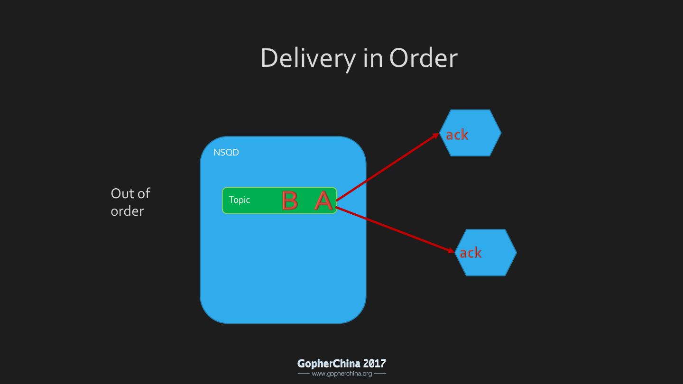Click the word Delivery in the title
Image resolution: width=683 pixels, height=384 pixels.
pyautogui.click(x=308, y=58)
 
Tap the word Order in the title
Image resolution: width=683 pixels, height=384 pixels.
pyautogui.click(x=423, y=58)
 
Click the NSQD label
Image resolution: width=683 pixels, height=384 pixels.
pyautogui.click(x=226, y=153)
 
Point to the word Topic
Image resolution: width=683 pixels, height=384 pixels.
pyautogui.click(x=239, y=200)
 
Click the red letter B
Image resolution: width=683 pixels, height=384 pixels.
pyautogui.click(x=289, y=201)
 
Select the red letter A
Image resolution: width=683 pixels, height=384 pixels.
pyautogui.click(x=323, y=201)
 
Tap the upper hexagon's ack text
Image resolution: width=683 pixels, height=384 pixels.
pyautogui.click(x=457, y=135)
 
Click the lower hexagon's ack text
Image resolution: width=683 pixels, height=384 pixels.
pyautogui.click(x=471, y=253)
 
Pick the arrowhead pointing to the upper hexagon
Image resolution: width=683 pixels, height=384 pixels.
pyautogui.click(x=437, y=136)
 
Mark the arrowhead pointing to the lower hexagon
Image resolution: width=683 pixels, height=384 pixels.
pyautogui.click(x=452, y=250)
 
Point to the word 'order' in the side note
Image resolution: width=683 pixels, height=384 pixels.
pyautogui.click(x=127, y=211)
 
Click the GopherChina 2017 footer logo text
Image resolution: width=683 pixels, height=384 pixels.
pyautogui.click(x=341, y=364)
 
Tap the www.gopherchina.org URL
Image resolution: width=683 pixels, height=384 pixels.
pyautogui.click(x=341, y=374)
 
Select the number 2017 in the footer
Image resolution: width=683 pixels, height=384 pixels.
pyautogui.click(x=374, y=364)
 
